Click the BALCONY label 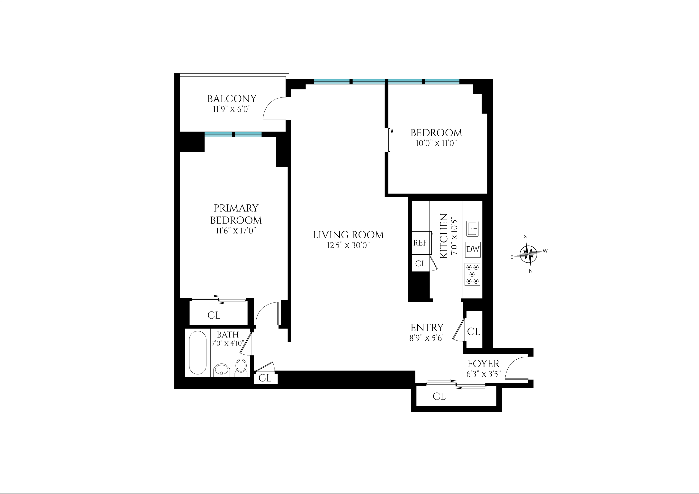pyautogui.click(x=232, y=99)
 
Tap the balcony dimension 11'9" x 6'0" pyautogui.click(x=232, y=109)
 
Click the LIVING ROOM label pyautogui.click(x=348, y=235)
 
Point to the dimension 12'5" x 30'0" pyautogui.click(x=348, y=245)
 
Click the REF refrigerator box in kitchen pyautogui.click(x=421, y=243)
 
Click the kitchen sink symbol pyautogui.click(x=473, y=228)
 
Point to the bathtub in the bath pyautogui.click(x=197, y=353)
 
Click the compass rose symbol pyautogui.click(x=528, y=253)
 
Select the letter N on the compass pyautogui.click(x=531, y=271)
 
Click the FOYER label pyautogui.click(x=484, y=364)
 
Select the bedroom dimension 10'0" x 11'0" pyautogui.click(x=436, y=143)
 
